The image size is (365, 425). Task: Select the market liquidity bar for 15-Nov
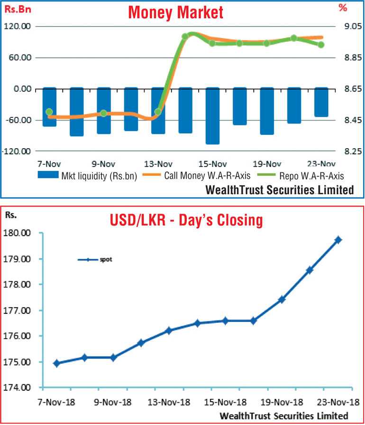tap(212, 115)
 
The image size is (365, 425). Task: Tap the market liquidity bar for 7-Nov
tap(49, 107)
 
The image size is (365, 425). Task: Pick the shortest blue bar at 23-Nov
tap(321, 102)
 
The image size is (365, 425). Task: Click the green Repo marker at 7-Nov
tap(49, 112)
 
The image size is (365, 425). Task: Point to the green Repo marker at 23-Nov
tap(321, 45)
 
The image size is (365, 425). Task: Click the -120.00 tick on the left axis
tap(16, 151)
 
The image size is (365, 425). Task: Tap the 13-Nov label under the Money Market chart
tap(158, 164)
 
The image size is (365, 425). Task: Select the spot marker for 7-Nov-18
tap(57, 363)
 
